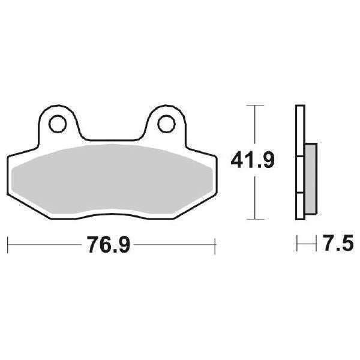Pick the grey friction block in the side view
coord(310,178)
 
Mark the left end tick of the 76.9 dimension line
coord(7,245)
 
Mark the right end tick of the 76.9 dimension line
coord(215,245)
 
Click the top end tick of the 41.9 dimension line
coord(256,106)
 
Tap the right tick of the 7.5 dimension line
coord(316,245)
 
